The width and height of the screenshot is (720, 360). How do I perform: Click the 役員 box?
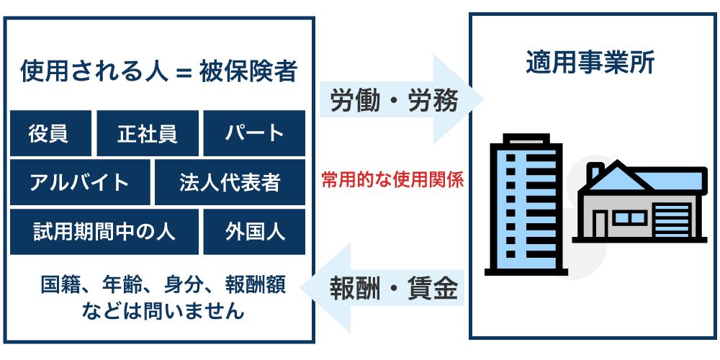point(50,133)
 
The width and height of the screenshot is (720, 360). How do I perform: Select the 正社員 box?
point(147,133)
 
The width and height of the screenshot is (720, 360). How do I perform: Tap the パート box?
point(254,133)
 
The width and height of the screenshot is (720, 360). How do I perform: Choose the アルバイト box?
point(80,182)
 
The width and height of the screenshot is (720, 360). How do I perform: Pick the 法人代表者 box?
point(230,182)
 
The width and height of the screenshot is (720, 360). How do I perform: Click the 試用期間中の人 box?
point(104,232)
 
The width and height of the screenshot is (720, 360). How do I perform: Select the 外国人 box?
point(254,232)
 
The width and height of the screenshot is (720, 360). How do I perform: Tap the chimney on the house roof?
point(595,173)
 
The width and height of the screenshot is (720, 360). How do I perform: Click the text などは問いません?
point(163,311)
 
